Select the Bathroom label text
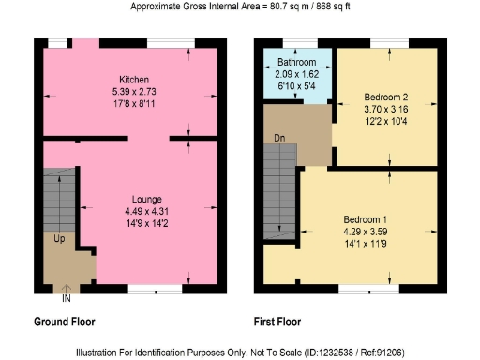click(297, 63)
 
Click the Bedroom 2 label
click(384, 97)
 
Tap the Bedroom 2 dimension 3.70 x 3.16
click(384, 109)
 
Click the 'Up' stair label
click(58, 240)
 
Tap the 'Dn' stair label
click(279, 138)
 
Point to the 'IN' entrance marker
click(66, 298)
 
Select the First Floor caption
click(277, 322)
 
